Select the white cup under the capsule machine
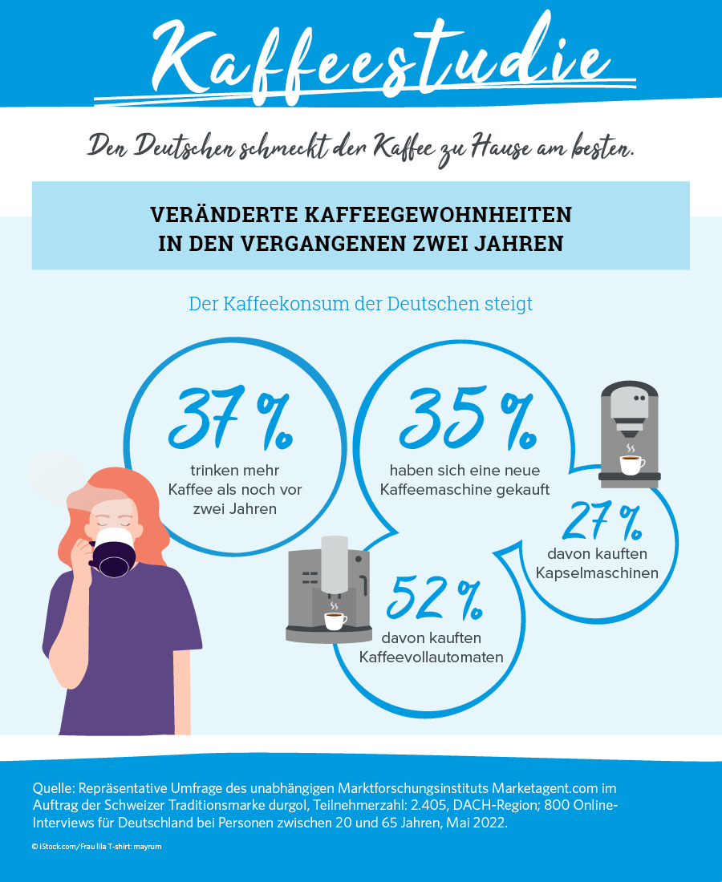pos(631,464)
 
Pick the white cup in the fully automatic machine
pos(335,620)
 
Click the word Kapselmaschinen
pos(595,573)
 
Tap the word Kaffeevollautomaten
pos(431,657)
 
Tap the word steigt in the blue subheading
pos(505,305)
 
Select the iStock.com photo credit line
pos(97,847)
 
